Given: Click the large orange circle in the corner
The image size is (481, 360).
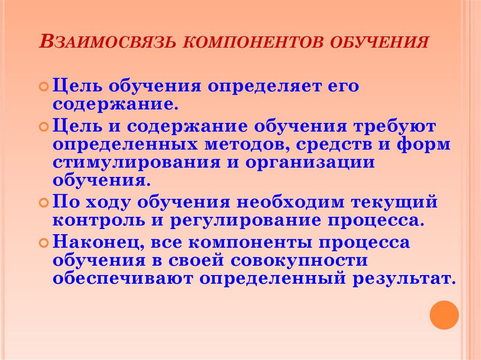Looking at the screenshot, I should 444,314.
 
